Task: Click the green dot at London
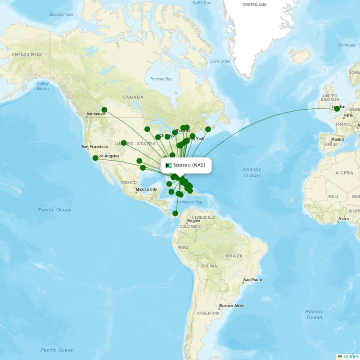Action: (337, 108)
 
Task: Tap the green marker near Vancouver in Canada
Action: (104, 110)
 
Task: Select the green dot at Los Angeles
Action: (95, 158)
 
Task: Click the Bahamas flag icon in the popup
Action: (169, 165)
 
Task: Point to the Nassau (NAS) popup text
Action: (189, 165)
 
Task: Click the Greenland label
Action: (254, 4)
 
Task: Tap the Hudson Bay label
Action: (161, 79)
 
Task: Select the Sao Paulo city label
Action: (252, 280)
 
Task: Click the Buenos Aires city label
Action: (231, 306)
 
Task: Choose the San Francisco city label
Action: (94, 147)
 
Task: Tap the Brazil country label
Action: (234, 256)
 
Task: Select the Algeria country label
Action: (344, 173)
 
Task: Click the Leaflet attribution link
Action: (350, 356)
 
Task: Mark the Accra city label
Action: (344, 219)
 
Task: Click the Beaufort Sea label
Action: (61, 14)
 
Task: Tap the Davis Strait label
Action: (220, 61)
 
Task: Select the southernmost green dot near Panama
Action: (175, 213)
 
